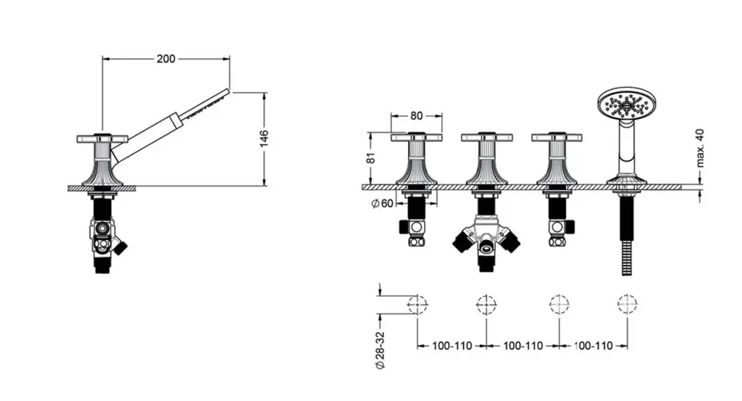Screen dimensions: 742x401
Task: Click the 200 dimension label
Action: [166, 59]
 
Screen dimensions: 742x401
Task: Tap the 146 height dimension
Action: [264, 138]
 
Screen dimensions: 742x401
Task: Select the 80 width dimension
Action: [417, 115]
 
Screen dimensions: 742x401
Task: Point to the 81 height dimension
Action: [372, 157]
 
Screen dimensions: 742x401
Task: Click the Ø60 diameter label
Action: [383, 204]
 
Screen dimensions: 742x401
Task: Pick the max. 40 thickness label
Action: [701, 148]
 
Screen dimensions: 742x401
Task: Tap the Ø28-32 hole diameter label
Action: [380, 350]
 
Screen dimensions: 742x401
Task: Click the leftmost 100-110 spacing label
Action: [452, 346]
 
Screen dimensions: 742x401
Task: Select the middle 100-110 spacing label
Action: [523, 346]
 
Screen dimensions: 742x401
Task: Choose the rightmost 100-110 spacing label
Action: [593, 346]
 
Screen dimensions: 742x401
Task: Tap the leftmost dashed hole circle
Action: [417, 304]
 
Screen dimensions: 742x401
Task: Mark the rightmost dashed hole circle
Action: [628, 304]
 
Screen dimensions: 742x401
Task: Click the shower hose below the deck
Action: [627, 236]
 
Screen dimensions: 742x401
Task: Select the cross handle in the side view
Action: [102, 139]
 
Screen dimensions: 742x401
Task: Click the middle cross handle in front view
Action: [487, 137]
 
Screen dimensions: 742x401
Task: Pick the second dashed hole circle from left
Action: [486, 304]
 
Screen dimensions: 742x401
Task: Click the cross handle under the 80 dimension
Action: [417, 137]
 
